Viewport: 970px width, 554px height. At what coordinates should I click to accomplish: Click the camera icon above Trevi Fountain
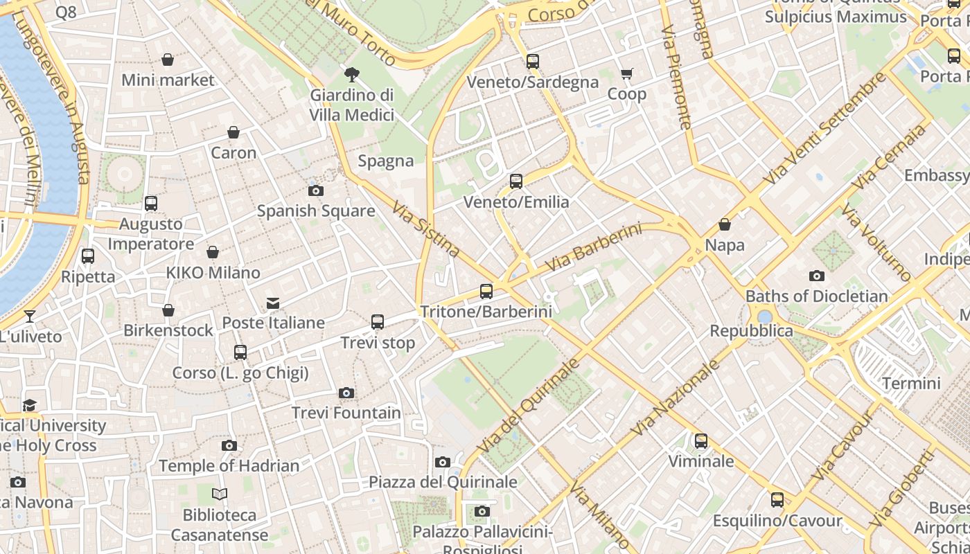346,393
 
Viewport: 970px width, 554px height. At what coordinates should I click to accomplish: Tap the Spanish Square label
316,211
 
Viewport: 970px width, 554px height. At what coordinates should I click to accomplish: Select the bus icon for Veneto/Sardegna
532,62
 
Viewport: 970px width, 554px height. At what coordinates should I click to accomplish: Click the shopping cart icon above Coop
626,73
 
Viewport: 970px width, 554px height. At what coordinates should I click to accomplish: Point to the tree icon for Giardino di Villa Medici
351,75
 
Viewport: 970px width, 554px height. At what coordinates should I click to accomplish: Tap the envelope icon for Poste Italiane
273,303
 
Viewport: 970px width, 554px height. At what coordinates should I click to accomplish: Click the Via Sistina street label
425,229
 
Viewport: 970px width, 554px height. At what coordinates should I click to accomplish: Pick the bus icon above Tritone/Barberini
486,292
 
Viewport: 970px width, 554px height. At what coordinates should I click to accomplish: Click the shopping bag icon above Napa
725,225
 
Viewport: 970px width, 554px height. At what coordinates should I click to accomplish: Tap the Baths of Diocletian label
816,296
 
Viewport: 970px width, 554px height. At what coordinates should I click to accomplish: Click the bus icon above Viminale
701,441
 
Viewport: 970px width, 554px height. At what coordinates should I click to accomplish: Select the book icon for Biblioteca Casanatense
220,494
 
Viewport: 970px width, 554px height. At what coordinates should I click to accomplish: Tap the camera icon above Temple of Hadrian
229,446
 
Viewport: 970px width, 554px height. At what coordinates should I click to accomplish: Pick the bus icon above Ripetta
88,256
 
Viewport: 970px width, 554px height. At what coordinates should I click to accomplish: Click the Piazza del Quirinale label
443,482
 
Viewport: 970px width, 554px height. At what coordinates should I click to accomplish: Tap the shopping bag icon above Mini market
168,60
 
